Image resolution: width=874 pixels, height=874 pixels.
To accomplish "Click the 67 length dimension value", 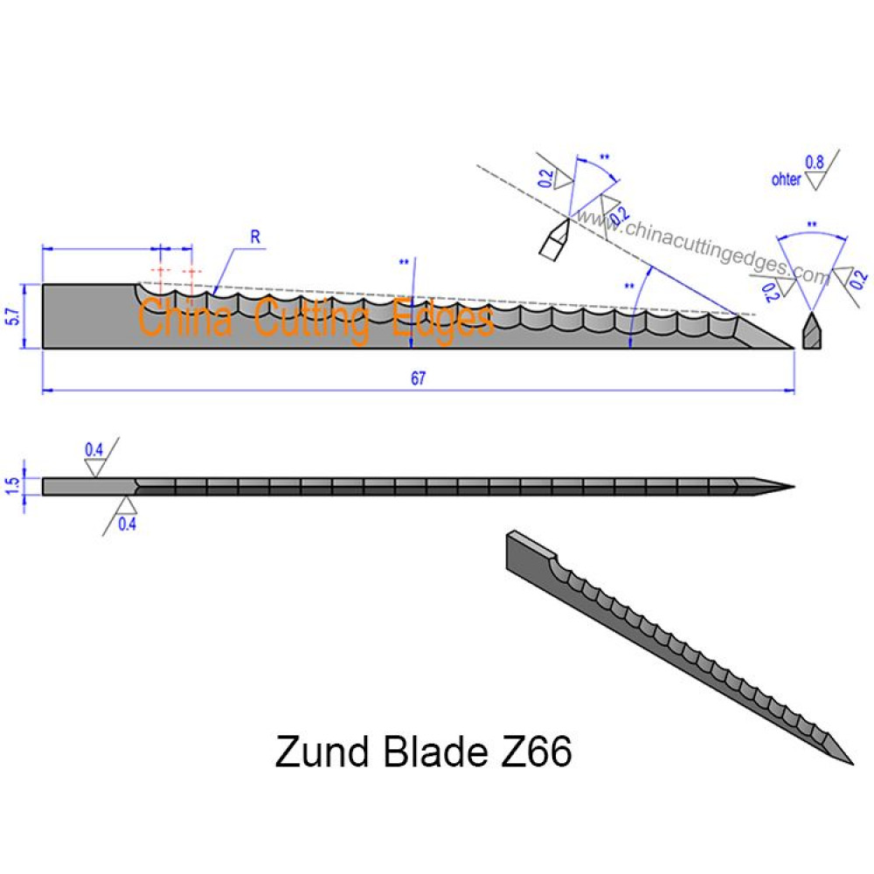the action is point(418,378).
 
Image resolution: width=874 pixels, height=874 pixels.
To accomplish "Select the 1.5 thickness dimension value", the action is point(12,486).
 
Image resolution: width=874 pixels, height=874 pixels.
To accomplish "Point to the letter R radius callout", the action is point(255,237).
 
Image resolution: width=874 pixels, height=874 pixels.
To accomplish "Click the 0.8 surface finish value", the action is point(815,163).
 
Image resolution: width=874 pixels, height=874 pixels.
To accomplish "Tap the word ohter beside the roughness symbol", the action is point(786,179).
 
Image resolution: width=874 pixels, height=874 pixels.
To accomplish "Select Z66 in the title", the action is point(537,752).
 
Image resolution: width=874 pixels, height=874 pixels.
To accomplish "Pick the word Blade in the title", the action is point(435,752).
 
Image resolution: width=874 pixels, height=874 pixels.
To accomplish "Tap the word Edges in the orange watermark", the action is point(443,321).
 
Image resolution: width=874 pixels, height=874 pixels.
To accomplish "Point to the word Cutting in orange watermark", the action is point(312,319).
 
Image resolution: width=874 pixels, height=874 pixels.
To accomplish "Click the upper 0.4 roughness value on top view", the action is point(94,449).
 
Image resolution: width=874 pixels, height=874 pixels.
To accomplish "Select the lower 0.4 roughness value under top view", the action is point(127,524).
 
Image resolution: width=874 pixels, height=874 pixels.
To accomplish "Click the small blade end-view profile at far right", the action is point(812,331).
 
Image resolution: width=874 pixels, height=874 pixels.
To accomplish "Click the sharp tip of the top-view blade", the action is point(794,487).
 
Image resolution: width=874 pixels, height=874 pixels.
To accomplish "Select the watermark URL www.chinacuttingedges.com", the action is point(704,247).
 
